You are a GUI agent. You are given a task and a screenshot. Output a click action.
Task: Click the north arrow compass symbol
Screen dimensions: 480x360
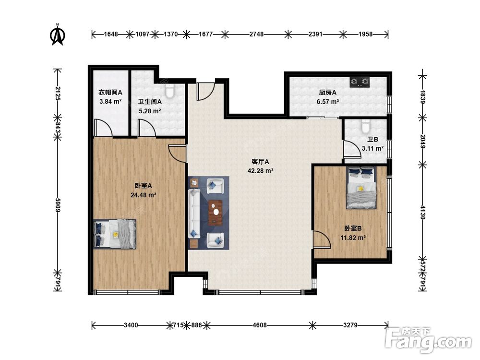57,34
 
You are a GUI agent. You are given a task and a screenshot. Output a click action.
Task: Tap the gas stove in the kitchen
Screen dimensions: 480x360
360,82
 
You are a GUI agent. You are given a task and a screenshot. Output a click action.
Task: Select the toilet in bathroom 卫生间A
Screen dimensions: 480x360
169,90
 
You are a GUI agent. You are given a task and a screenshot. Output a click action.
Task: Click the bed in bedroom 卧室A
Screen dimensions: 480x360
115,234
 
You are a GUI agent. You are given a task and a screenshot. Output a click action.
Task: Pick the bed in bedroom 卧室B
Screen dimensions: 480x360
361,187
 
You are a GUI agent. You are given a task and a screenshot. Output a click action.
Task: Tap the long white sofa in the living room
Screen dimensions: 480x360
194,214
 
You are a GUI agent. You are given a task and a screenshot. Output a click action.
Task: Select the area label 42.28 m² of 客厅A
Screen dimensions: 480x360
260,171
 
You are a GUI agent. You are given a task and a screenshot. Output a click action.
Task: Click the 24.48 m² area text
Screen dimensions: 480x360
143,195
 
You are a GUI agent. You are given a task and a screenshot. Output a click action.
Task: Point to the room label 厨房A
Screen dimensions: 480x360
327,92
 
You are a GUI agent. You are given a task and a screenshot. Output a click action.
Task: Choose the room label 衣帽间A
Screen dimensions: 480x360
110,92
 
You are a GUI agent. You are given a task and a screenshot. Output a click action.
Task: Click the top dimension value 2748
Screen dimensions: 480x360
256,34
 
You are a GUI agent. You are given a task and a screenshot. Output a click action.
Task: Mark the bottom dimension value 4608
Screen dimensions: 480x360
260,325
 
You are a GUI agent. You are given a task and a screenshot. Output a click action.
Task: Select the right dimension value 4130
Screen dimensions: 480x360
422,212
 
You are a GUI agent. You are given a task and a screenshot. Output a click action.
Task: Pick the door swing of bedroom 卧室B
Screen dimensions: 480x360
322,239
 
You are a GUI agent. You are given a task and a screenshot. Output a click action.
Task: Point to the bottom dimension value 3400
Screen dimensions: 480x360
131,325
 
